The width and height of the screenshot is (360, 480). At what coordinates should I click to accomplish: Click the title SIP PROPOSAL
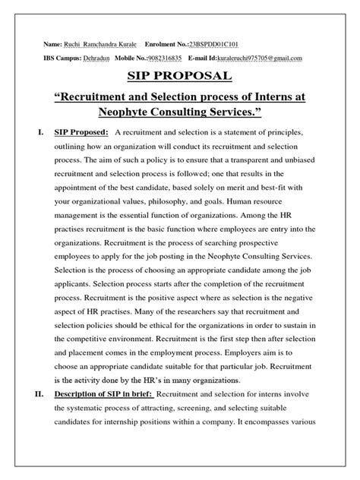pyautogui.click(x=180, y=78)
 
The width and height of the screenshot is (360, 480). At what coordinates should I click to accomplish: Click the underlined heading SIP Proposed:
pyautogui.click(x=81, y=134)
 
